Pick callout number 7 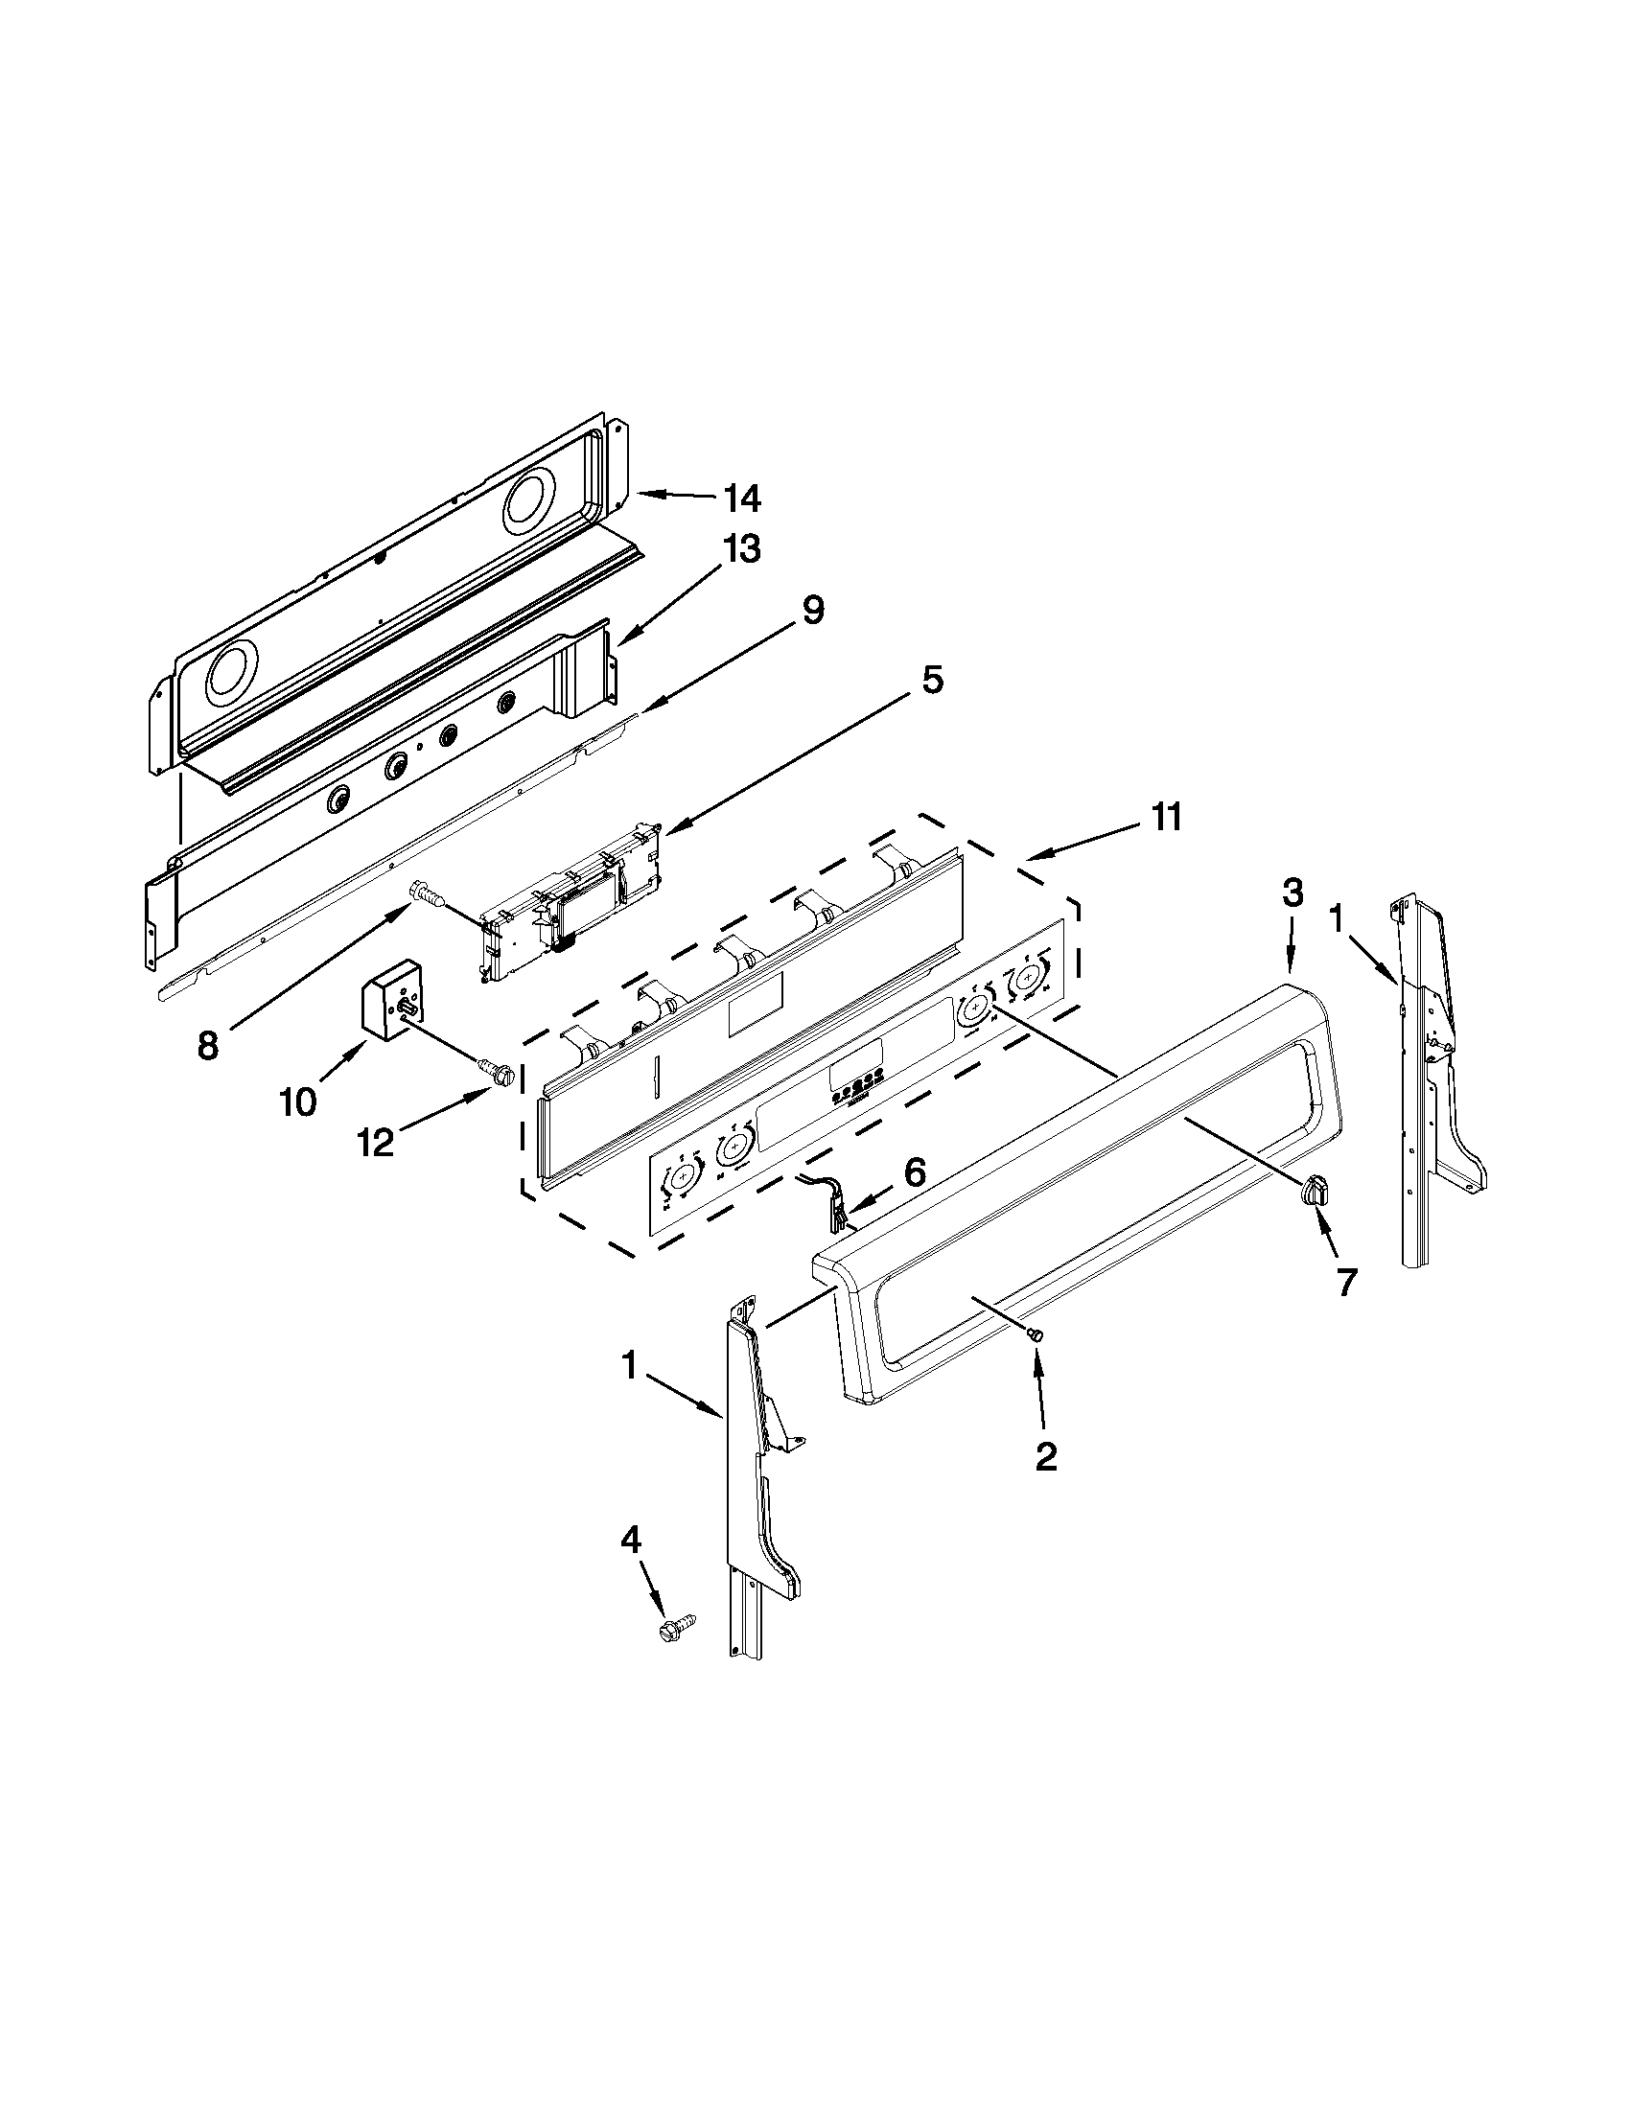(1345, 1281)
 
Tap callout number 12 (376, 1143)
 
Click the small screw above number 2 (1036, 1335)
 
